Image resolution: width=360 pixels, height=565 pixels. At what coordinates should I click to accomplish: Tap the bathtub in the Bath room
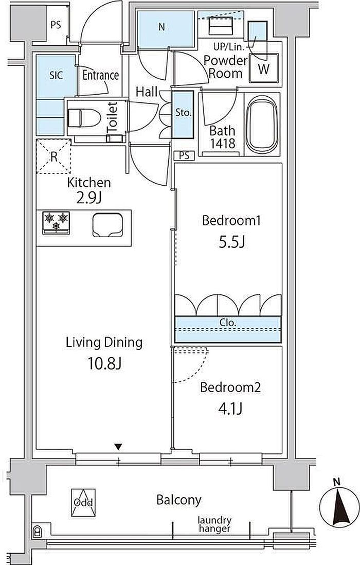[x=262, y=125]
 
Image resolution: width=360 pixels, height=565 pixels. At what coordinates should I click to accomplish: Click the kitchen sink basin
[x=107, y=225]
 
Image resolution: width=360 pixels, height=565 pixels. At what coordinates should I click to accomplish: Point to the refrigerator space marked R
[x=53, y=156]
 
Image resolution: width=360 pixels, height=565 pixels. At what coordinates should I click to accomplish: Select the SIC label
[x=56, y=75]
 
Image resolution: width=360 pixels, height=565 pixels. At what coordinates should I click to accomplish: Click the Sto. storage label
[x=183, y=112]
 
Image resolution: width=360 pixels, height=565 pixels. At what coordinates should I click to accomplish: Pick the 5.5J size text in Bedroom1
[x=232, y=242]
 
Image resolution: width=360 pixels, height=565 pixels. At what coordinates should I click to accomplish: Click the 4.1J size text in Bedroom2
[x=229, y=409]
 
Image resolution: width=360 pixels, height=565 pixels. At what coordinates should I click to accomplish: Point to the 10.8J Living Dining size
[x=105, y=364]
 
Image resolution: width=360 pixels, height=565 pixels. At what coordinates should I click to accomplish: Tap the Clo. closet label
[x=228, y=323]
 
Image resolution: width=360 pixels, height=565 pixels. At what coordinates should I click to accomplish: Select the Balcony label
[x=178, y=500]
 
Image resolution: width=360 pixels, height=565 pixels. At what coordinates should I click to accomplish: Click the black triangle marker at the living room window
[x=118, y=447]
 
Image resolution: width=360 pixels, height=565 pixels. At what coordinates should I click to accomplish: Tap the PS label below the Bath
[x=184, y=156]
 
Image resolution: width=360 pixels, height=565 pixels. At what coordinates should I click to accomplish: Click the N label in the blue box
[x=161, y=27]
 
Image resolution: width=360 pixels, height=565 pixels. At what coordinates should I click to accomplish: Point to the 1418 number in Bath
[x=223, y=144]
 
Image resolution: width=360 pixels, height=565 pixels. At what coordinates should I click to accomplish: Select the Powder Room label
[x=226, y=67]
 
